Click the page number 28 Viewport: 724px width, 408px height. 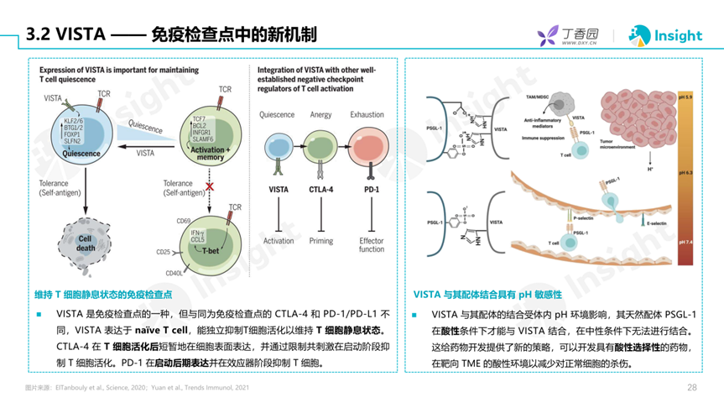point(692,388)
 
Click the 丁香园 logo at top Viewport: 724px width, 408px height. point(568,36)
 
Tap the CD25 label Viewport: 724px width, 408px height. point(164,251)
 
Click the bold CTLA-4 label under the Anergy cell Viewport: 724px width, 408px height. point(321,190)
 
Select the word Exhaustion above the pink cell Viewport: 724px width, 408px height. point(367,115)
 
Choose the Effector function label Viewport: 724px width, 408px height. point(371,244)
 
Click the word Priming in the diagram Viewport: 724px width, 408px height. point(321,240)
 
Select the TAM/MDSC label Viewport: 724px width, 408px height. point(537,98)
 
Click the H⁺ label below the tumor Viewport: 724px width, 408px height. point(627,169)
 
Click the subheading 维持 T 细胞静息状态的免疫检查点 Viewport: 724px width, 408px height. point(103,295)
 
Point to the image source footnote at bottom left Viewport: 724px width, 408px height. point(137,388)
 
